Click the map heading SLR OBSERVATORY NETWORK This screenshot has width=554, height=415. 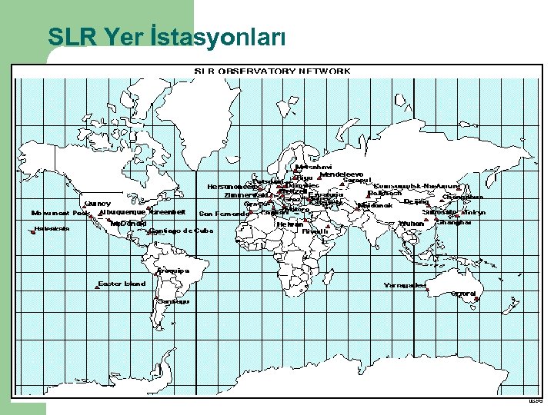tap(272, 71)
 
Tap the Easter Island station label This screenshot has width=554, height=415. tap(122, 284)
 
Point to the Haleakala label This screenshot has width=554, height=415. tap(52, 228)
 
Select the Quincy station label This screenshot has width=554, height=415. tap(98, 204)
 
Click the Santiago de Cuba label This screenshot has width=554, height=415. tap(182, 231)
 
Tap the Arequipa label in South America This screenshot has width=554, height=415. tap(172, 271)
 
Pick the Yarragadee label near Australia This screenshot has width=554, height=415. tap(405, 285)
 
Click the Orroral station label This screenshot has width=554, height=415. tap(465, 293)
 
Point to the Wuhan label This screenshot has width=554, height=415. tap(411, 224)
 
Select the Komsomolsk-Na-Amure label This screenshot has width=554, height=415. tap(416, 186)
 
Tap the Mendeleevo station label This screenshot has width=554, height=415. tap(340, 174)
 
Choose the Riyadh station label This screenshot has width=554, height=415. tap(315, 231)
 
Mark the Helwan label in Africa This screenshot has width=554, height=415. tap(289, 224)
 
